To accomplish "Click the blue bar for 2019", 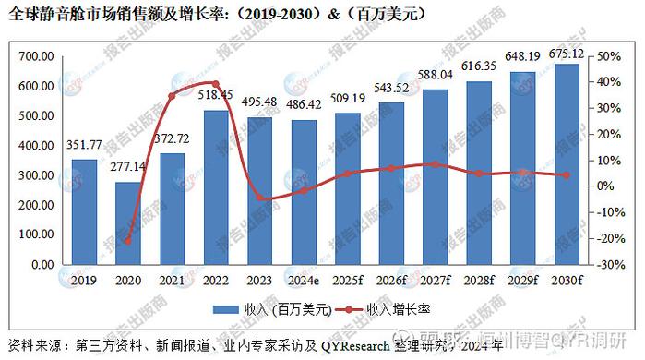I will tap(84, 211).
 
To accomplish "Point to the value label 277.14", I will tap(127, 166).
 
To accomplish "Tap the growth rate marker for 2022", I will tap(214, 83).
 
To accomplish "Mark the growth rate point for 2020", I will tap(127, 241).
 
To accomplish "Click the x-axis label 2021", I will tap(171, 279).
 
